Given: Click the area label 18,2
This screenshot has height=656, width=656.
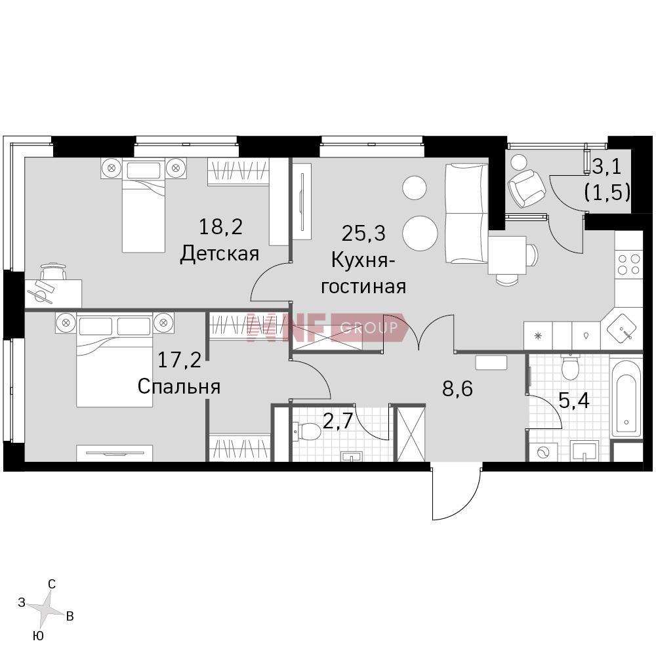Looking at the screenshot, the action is click(x=220, y=228).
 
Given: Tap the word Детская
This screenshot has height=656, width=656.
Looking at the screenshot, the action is click(x=220, y=254).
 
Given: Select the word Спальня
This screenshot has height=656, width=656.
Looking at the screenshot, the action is click(x=179, y=386).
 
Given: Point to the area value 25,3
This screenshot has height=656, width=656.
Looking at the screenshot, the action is click(x=363, y=234).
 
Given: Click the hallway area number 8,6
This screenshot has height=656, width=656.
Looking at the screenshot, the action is click(x=457, y=388).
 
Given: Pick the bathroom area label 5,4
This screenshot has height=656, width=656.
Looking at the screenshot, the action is click(x=574, y=401).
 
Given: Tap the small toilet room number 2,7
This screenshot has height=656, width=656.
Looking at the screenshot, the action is click(x=338, y=422).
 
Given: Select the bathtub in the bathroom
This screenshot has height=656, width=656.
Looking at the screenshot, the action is click(x=626, y=398).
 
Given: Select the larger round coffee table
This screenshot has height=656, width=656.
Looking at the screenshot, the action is click(x=420, y=233).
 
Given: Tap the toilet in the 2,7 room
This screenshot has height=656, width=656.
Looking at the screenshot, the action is click(x=307, y=431).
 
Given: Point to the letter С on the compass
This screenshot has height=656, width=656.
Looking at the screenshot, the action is click(x=52, y=584).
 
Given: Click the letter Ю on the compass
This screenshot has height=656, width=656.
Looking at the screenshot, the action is click(x=37, y=636).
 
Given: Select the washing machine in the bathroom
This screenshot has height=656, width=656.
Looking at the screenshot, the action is click(x=543, y=452).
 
